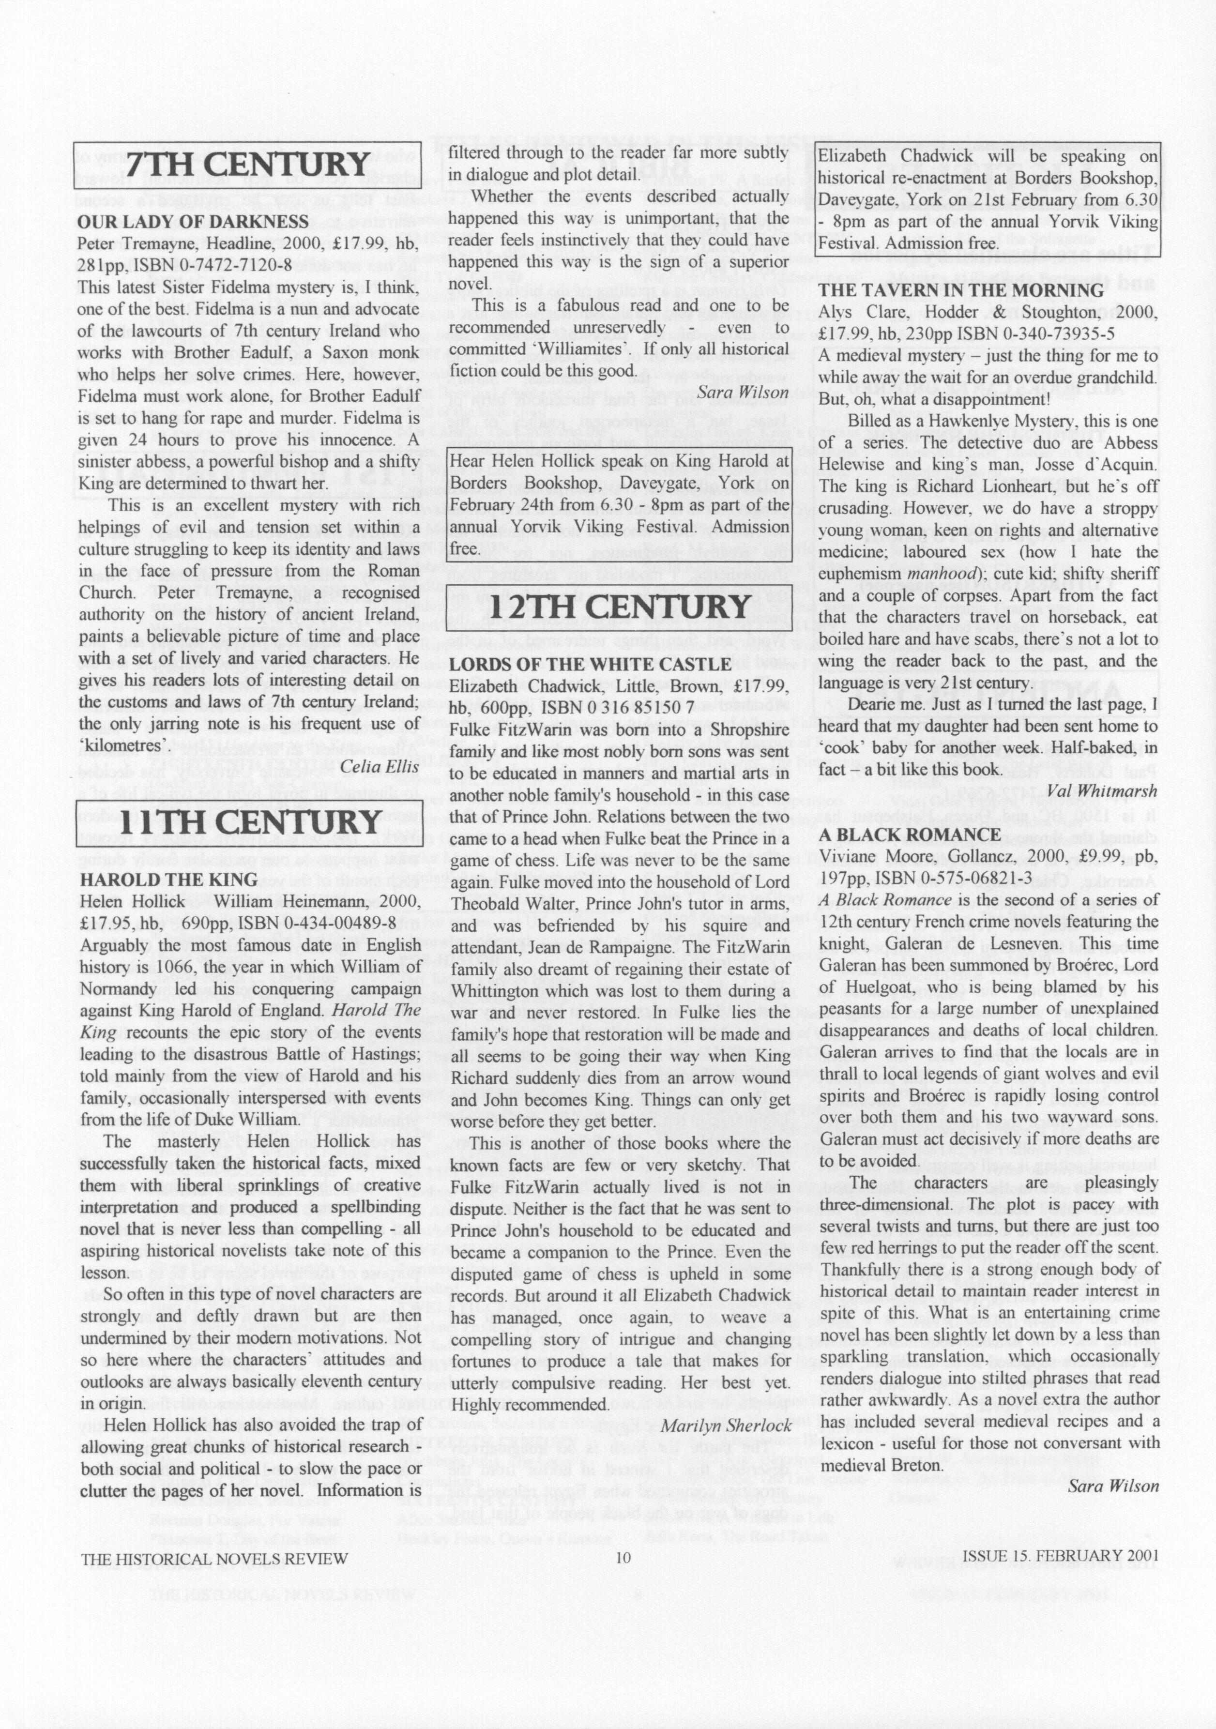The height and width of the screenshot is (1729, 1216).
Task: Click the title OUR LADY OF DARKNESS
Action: (194, 221)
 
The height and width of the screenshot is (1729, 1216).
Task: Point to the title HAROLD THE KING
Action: (168, 880)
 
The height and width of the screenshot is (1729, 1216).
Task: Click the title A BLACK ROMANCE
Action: (910, 834)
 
